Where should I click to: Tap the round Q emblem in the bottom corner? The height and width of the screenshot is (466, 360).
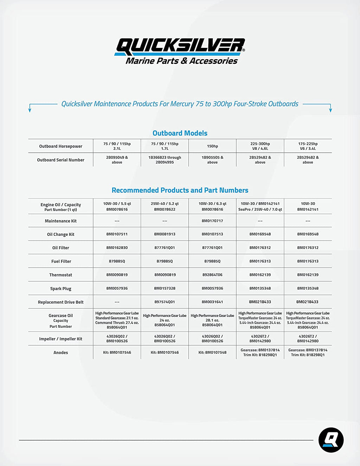click(x=331, y=440)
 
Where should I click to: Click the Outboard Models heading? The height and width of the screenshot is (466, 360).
click(x=180, y=133)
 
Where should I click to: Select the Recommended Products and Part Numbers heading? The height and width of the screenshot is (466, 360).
click(x=180, y=190)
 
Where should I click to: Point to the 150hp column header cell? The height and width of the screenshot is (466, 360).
click(x=212, y=146)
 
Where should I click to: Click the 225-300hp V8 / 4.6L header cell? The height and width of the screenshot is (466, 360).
click(x=260, y=146)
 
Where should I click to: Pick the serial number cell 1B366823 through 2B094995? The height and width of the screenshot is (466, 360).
click(x=165, y=160)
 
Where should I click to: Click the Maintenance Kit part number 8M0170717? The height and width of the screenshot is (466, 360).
click(x=212, y=221)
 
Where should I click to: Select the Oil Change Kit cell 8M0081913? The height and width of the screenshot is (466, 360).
click(x=165, y=234)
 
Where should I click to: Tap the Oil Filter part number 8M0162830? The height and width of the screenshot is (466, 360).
click(x=117, y=248)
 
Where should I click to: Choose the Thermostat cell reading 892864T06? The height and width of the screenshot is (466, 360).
click(x=212, y=275)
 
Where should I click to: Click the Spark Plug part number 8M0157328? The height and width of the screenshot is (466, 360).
click(x=165, y=288)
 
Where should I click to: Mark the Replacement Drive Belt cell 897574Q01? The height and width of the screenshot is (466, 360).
click(x=165, y=302)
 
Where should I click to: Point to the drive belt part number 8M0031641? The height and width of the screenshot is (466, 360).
click(x=212, y=302)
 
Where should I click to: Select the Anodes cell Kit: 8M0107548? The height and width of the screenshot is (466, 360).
click(x=212, y=352)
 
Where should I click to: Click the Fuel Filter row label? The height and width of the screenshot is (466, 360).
click(x=61, y=261)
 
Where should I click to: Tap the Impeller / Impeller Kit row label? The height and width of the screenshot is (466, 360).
click(x=61, y=339)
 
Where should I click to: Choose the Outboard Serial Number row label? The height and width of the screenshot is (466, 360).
click(x=61, y=160)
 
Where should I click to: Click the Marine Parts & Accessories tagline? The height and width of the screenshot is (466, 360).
click(x=182, y=61)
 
